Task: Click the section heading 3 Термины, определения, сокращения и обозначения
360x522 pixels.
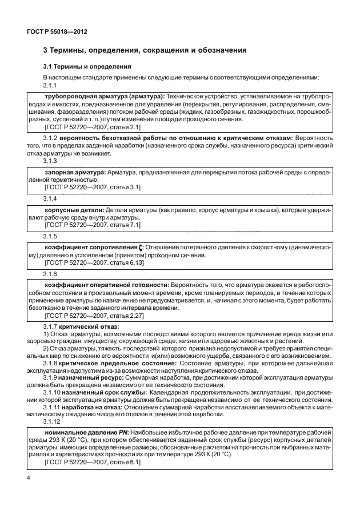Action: [x=145, y=51]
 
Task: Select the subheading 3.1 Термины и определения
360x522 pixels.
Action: [x=87, y=67]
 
